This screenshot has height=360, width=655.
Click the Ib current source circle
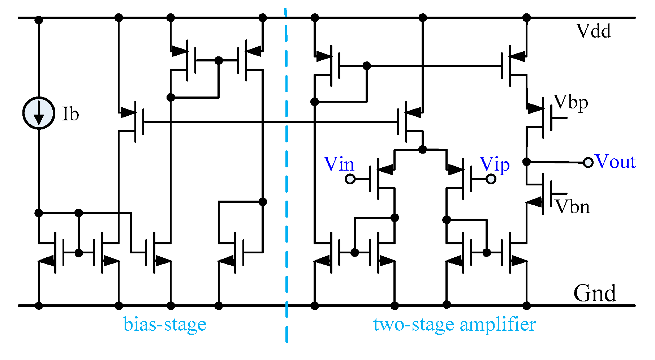tap(39, 113)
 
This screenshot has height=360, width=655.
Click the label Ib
tap(70, 114)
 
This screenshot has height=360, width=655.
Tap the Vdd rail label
tap(594, 31)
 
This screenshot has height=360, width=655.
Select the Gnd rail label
tap(594, 293)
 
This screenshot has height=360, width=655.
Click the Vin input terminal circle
tap(350, 179)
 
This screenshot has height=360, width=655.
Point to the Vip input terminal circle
tap(491, 179)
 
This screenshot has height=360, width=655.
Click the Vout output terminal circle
tap(588, 163)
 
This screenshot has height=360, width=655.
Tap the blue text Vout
tap(615, 161)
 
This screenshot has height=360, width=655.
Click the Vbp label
tap(571, 103)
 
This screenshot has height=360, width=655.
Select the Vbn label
tap(573, 207)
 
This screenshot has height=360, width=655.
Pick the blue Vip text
tap(495, 164)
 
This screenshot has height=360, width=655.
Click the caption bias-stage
tap(165, 324)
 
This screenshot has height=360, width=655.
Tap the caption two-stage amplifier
tap(454, 324)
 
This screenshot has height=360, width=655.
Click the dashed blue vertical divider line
tap(286, 181)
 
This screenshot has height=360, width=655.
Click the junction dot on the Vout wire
tap(527, 162)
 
